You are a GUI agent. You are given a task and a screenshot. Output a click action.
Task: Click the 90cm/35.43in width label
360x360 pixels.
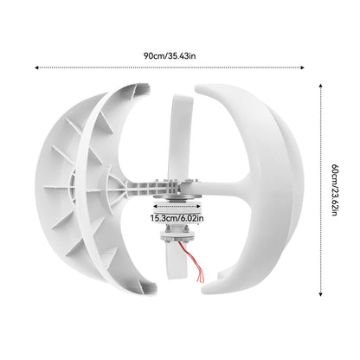(x=170, y=55)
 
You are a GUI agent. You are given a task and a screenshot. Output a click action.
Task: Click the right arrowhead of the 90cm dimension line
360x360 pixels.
(x=305, y=67)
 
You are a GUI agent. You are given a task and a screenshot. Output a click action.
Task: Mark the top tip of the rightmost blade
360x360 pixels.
(x=203, y=87)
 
